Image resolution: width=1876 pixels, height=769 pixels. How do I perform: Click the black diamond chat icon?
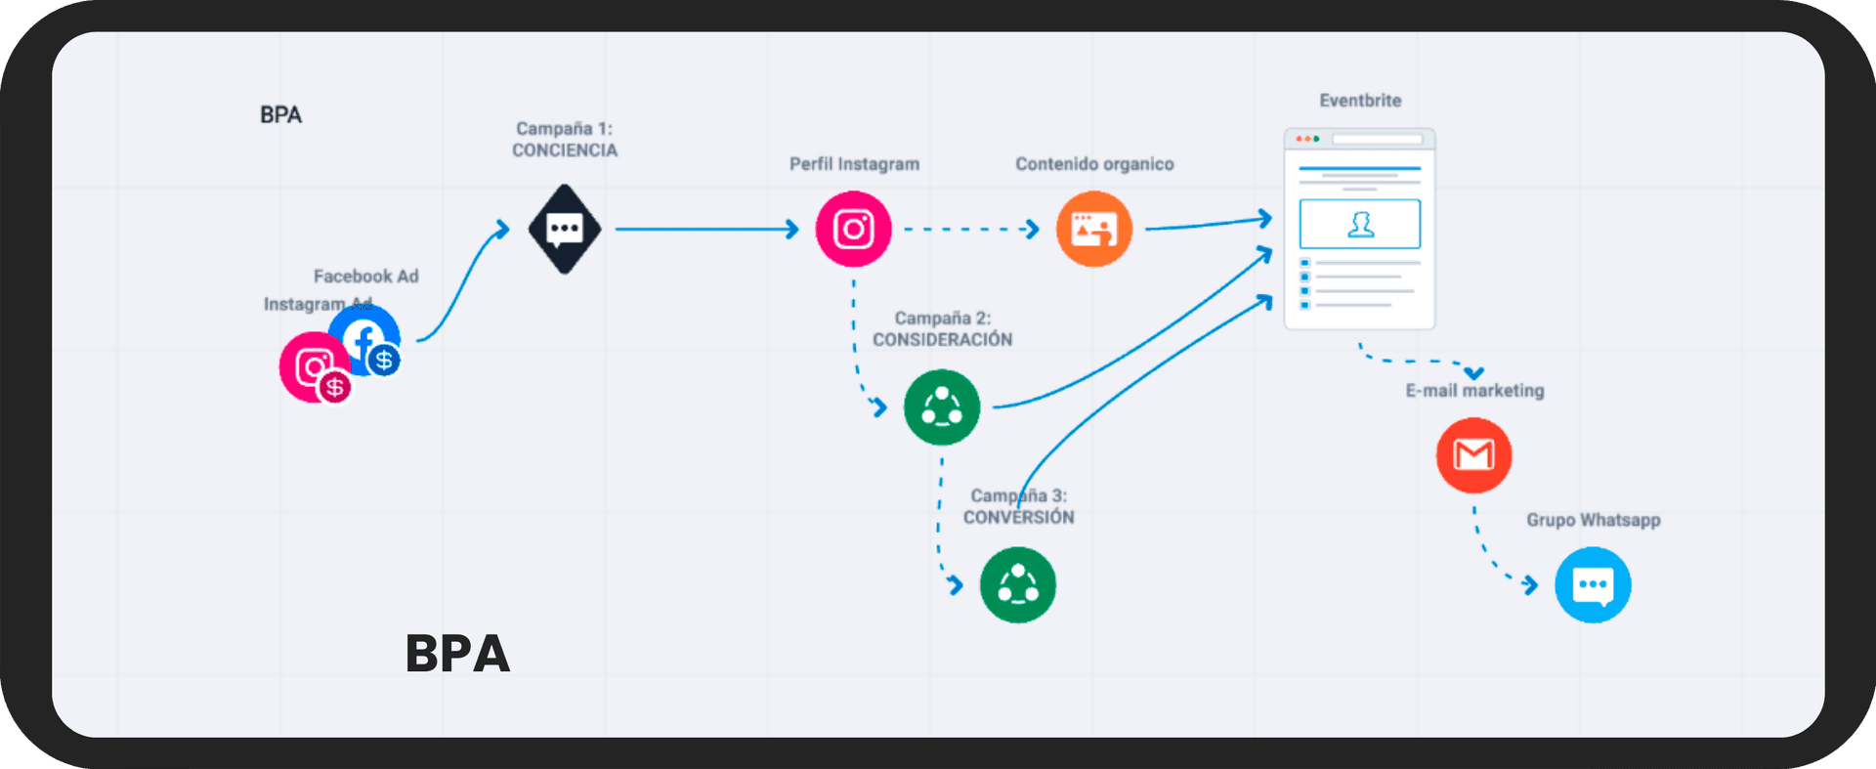pyautogui.click(x=564, y=230)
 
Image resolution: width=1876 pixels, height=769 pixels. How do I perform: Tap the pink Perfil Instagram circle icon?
pyautogui.click(x=853, y=230)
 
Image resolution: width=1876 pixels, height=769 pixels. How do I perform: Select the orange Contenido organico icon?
pyautogui.click(x=1093, y=230)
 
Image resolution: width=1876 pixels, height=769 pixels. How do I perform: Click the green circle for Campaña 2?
pyautogui.click(x=941, y=407)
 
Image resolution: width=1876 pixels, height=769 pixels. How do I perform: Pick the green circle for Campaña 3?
pyautogui.click(x=1017, y=585)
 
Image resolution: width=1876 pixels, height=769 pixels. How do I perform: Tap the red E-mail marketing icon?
pyautogui.click(x=1473, y=455)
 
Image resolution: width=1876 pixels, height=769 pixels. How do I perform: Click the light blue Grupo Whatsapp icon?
pyautogui.click(x=1592, y=585)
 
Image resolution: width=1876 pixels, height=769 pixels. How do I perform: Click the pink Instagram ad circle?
pyautogui.click(x=310, y=366)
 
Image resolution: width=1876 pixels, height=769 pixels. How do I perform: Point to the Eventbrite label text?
pyautogui.click(x=1360, y=101)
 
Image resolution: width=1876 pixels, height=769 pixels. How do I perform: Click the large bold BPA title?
pyautogui.click(x=457, y=654)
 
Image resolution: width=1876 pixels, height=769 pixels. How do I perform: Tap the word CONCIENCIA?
pyautogui.click(x=565, y=150)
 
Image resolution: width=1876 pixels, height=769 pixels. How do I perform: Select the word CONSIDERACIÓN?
pyautogui.click(x=942, y=340)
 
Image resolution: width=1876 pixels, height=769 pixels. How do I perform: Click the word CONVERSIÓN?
pyautogui.click(x=1018, y=518)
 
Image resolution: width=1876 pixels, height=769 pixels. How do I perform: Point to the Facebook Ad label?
pyautogui.click(x=365, y=277)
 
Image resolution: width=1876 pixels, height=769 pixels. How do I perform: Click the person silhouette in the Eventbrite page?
pyautogui.click(x=1360, y=225)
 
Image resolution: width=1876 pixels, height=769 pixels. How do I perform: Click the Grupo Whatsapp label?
pyautogui.click(x=1593, y=520)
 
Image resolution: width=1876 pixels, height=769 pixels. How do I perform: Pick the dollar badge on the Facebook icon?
pyautogui.click(x=384, y=361)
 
